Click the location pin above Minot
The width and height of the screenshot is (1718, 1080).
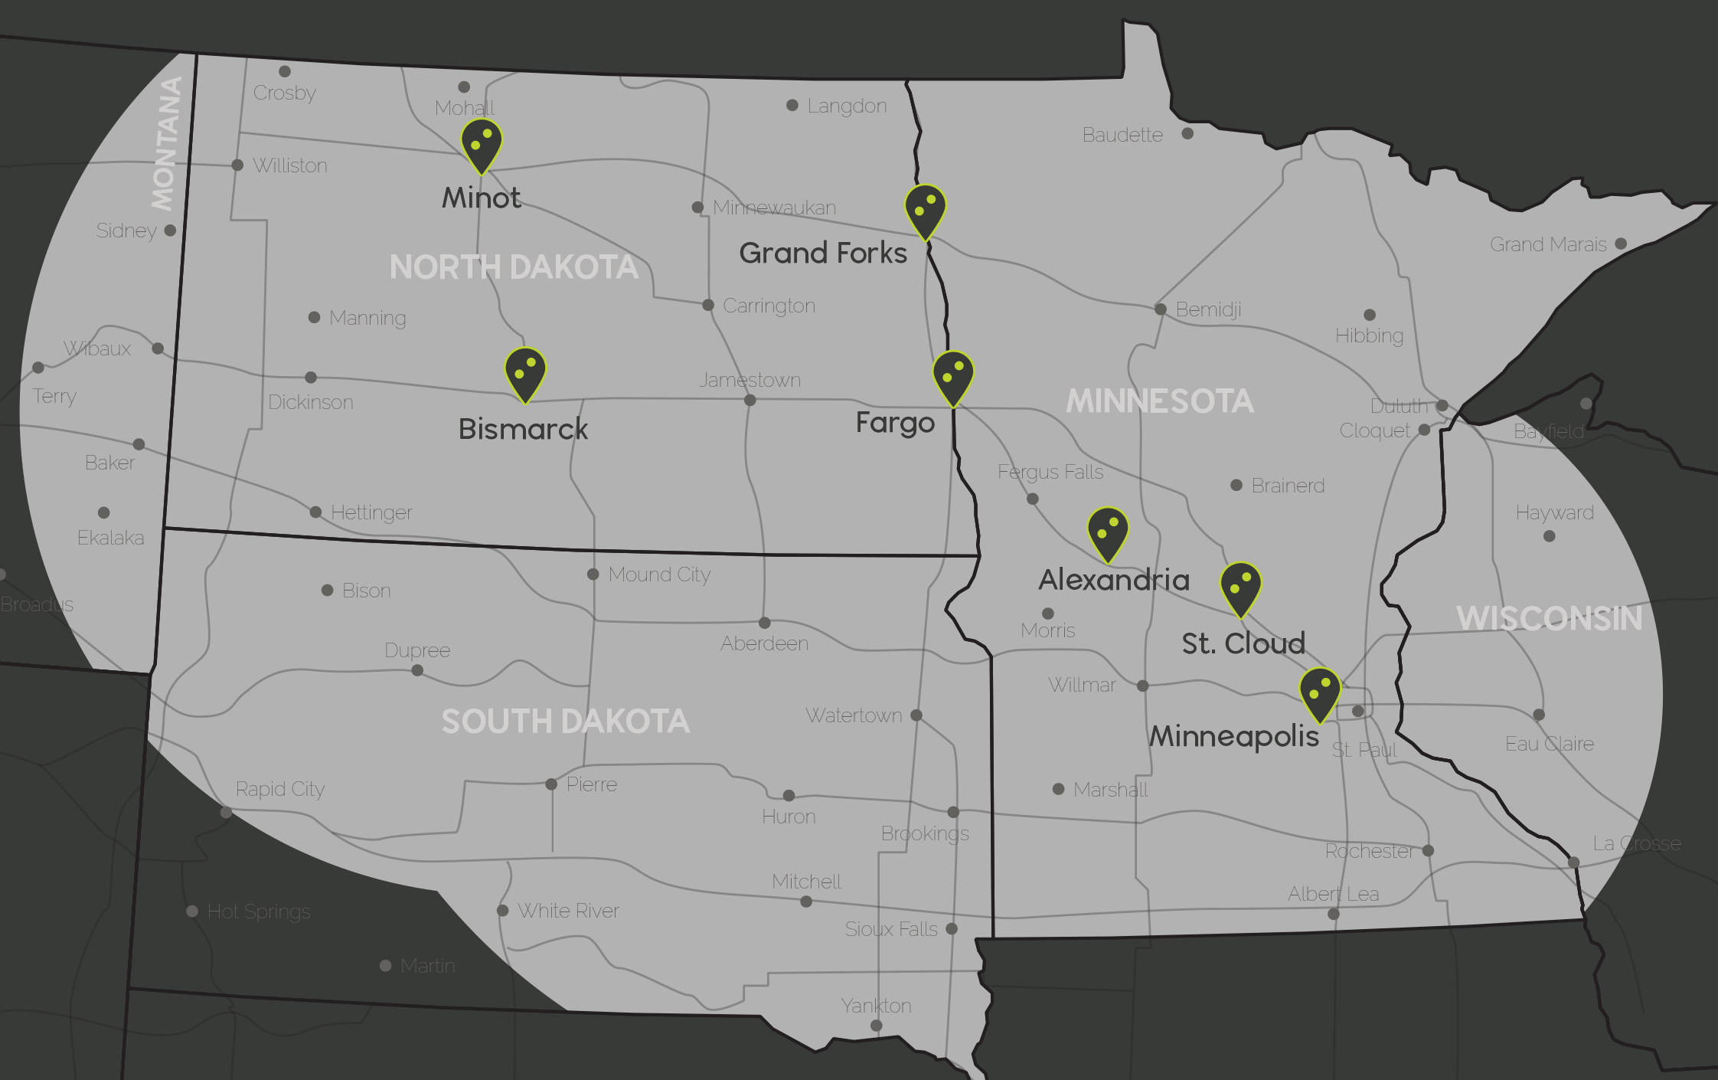(482, 143)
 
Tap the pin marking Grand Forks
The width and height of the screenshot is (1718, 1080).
(925, 209)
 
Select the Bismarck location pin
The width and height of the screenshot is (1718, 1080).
(525, 372)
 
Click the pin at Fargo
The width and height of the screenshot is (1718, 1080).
(953, 376)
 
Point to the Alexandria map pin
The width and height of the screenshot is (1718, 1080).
(1108, 532)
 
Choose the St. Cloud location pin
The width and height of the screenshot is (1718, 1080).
(1240, 587)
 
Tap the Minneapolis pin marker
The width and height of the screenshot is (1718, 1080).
(1320, 692)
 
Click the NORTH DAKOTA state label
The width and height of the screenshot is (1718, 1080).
(514, 267)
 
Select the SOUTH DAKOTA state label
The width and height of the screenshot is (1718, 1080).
(565, 722)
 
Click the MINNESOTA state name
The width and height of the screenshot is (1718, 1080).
(1160, 401)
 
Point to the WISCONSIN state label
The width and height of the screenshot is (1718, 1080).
(1549, 618)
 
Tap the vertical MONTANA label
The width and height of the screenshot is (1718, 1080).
(166, 143)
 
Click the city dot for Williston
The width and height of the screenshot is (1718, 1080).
(237, 165)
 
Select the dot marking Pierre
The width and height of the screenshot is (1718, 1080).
(551, 784)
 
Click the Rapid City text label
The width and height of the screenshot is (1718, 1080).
(280, 789)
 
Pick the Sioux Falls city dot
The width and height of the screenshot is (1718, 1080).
(952, 928)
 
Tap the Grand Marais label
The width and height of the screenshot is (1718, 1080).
(1548, 244)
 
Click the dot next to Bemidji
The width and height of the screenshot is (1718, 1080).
(1161, 309)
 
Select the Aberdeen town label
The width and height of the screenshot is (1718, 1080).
(764, 643)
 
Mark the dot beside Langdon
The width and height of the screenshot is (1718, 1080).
(792, 105)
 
